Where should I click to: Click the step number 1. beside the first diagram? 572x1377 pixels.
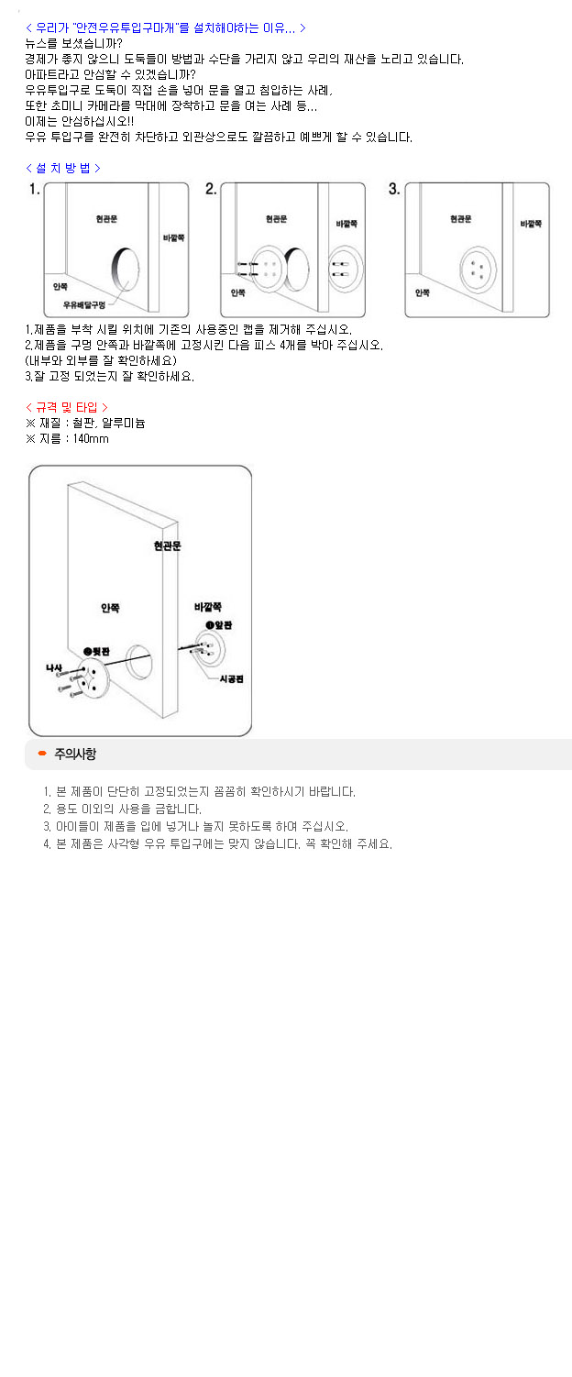click(x=35, y=189)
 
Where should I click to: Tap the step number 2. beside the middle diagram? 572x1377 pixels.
click(x=211, y=189)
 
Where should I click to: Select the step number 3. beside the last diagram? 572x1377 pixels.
click(x=394, y=189)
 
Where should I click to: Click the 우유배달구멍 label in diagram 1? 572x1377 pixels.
click(x=84, y=305)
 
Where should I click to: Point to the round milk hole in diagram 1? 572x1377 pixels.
click(x=126, y=270)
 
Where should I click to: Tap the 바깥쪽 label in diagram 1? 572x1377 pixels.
click(x=173, y=237)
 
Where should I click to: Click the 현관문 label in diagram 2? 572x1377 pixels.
click(x=277, y=219)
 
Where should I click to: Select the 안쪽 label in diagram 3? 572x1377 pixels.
click(x=422, y=292)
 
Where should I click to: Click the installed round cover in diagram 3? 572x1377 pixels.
click(x=478, y=270)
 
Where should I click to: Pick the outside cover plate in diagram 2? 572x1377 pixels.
click(x=346, y=269)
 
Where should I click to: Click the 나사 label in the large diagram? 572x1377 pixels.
click(x=54, y=667)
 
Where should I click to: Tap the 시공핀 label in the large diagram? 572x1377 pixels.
click(x=232, y=678)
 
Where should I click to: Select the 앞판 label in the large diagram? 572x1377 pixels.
click(x=219, y=625)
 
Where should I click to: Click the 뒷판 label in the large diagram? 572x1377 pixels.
click(x=96, y=652)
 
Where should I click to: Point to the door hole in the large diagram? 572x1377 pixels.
click(x=138, y=661)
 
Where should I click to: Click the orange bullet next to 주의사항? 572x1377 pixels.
click(x=42, y=753)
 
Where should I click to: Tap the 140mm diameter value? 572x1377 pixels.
click(x=91, y=438)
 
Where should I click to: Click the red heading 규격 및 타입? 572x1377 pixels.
click(x=67, y=407)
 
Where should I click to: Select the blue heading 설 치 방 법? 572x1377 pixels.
click(x=63, y=168)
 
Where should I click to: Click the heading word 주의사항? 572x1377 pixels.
click(x=75, y=754)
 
